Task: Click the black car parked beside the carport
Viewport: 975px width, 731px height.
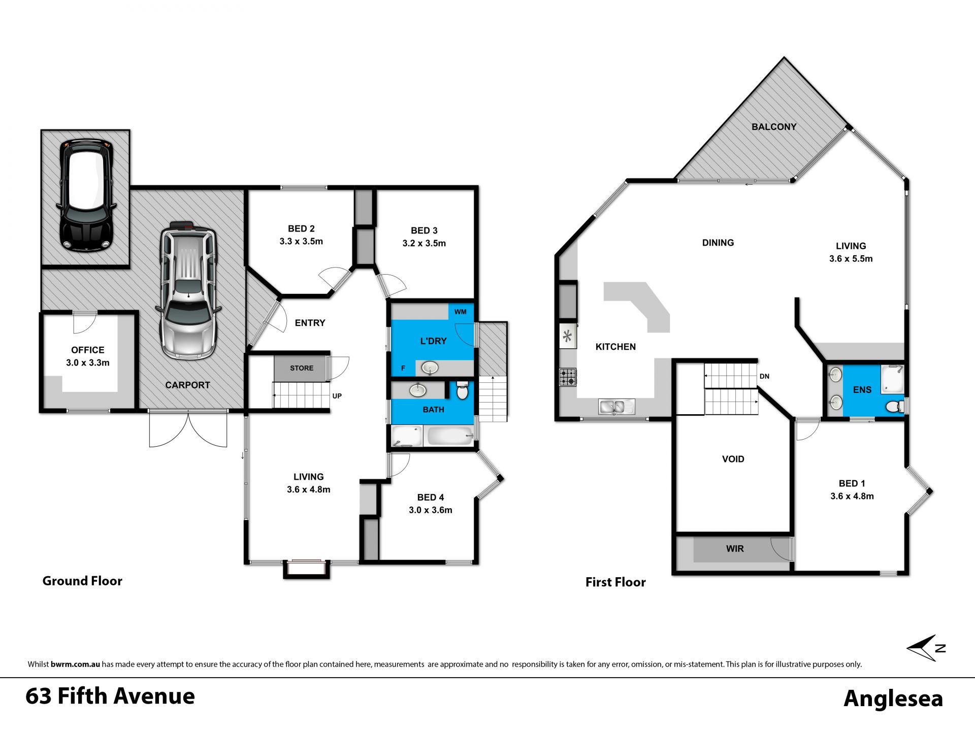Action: pyautogui.click(x=86, y=196)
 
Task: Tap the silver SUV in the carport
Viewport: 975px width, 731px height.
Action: pyautogui.click(x=188, y=290)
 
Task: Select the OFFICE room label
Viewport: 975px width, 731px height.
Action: pyautogui.click(x=88, y=350)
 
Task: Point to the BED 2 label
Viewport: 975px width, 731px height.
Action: pyautogui.click(x=301, y=229)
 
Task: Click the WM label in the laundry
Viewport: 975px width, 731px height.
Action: pyautogui.click(x=461, y=312)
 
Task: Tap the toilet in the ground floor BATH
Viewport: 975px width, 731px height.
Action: pyautogui.click(x=462, y=390)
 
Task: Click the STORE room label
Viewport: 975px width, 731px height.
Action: pyautogui.click(x=302, y=368)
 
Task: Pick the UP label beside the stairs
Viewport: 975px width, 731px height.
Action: pyautogui.click(x=337, y=396)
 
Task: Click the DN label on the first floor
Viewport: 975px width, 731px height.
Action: pyautogui.click(x=764, y=376)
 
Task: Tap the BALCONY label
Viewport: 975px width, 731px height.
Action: pyautogui.click(x=774, y=127)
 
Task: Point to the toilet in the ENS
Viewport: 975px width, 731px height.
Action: pyautogui.click(x=895, y=406)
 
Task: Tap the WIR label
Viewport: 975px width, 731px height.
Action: pyautogui.click(x=735, y=549)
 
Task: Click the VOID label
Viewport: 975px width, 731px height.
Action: pyautogui.click(x=733, y=459)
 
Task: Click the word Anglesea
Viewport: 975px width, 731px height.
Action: pyautogui.click(x=893, y=699)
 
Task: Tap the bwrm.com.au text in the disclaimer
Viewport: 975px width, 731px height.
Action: pyautogui.click(x=75, y=664)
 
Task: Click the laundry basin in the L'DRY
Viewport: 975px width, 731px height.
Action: pyautogui.click(x=430, y=367)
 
